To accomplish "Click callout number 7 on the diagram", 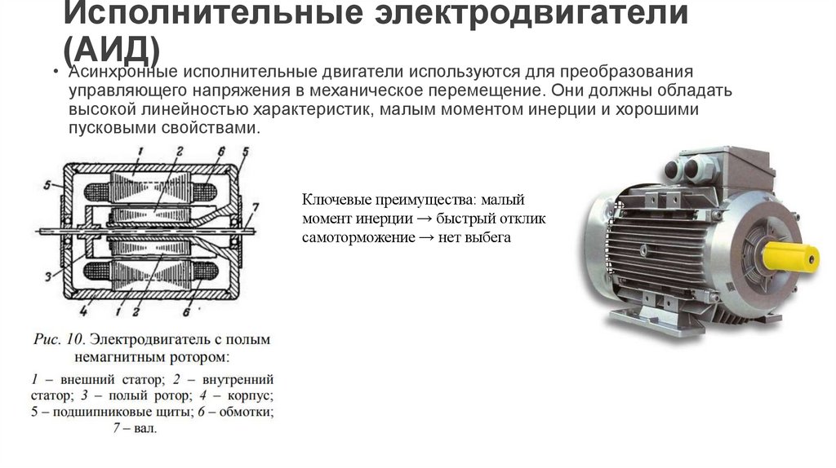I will click(x=256, y=205).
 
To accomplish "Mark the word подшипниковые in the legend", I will click(x=103, y=411).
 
